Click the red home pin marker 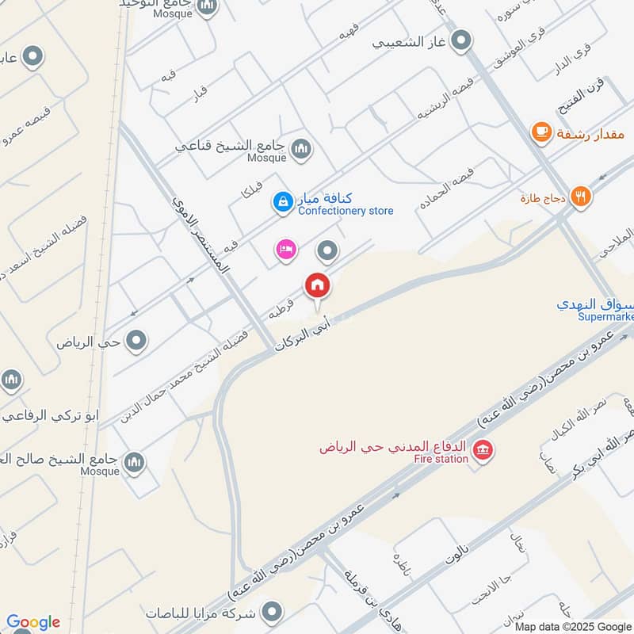[318, 285]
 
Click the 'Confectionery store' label [346, 211]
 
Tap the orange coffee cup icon [541, 132]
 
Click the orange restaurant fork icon [581, 197]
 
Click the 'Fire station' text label [442, 458]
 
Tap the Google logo [33, 622]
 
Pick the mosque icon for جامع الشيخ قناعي [301, 147]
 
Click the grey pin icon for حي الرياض [137, 342]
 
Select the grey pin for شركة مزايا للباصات [272, 612]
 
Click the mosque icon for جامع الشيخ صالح [135, 461]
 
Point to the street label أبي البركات [301, 328]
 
